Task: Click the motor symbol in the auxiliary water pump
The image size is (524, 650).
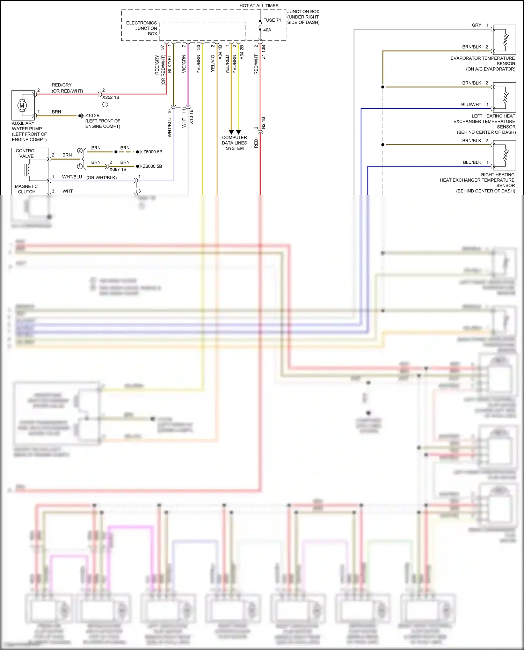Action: pos(22,105)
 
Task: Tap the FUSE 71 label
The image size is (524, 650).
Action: pos(272,20)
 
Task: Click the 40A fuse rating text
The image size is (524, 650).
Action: pos(267,30)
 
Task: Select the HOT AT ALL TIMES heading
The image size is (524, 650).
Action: pos(259,6)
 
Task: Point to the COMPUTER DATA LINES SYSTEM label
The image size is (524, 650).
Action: pos(234,143)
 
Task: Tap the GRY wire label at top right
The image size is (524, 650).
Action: pos(476,25)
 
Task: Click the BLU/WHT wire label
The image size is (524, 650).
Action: pos(471,104)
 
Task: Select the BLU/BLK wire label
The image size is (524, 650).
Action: pos(472,162)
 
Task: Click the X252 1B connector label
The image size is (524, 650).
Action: pos(111,97)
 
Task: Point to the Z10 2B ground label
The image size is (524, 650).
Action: pos(92,116)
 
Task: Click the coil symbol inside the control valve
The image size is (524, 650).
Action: pos(27,170)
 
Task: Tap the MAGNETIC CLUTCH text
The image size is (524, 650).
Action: pos(27,189)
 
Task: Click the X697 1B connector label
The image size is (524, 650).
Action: pos(118,169)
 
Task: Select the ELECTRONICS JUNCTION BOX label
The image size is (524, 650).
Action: pos(142,28)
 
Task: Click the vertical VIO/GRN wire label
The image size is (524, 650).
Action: pos(184,64)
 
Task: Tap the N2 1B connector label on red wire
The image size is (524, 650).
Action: pos(263,123)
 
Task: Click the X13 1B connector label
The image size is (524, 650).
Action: pos(191,117)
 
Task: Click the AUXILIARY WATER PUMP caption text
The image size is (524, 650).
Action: pos(29,131)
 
